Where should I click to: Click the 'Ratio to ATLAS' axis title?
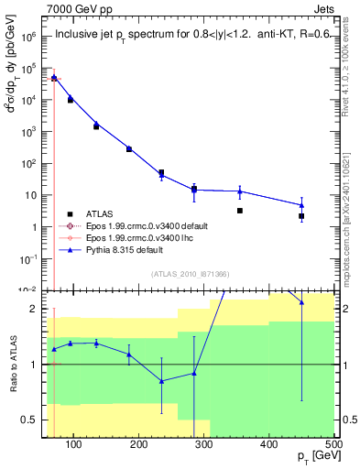(13, 365)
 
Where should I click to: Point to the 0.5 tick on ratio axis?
(32, 420)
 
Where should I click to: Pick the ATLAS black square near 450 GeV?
(301, 216)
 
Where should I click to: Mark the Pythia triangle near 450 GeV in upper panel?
(301, 205)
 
